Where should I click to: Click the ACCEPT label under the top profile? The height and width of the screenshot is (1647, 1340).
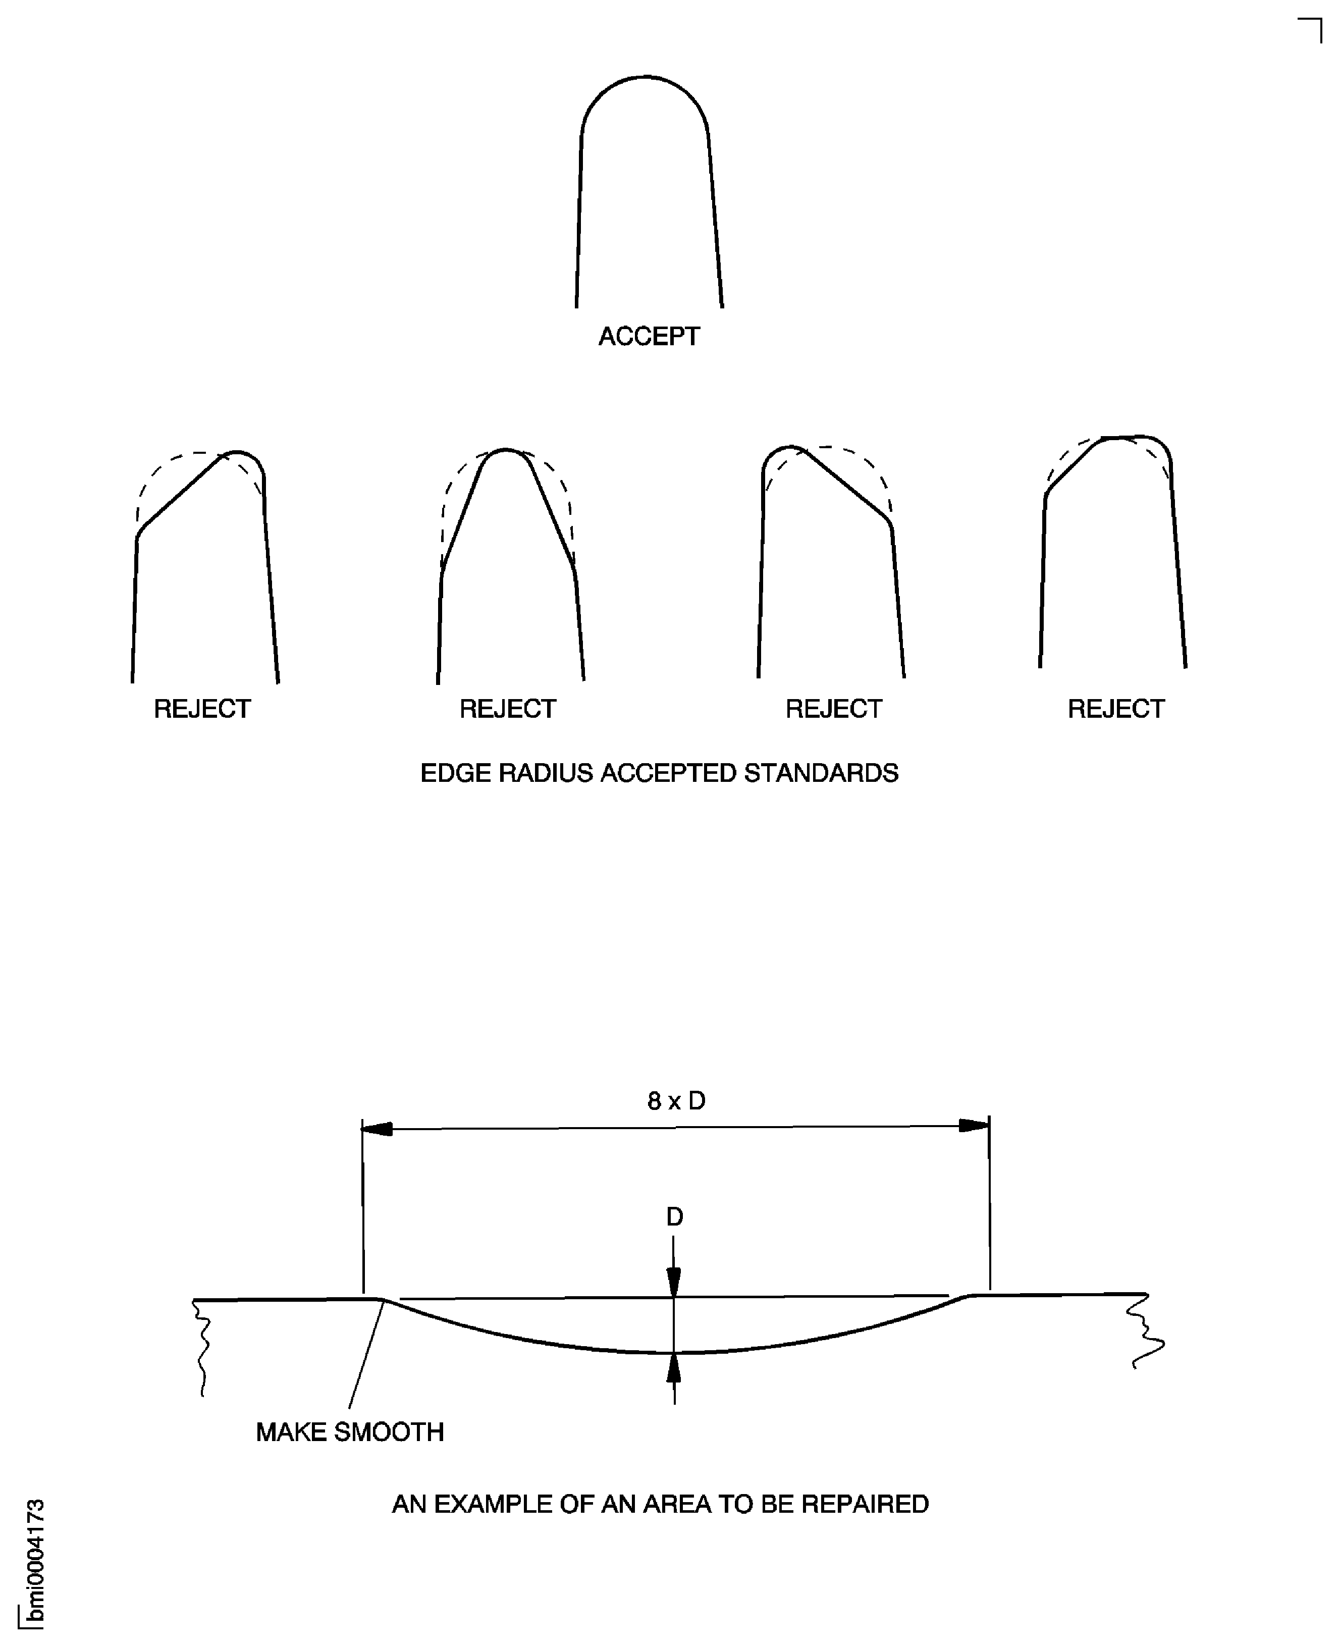click(649, 337)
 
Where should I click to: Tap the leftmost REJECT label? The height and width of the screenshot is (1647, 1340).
click(202, 709)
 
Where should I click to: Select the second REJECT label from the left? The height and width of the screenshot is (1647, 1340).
click(507, 709)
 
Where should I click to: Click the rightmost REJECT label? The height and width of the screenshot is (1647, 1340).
click(1115, 709)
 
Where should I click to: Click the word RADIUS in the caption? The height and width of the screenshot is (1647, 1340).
click(546, 773)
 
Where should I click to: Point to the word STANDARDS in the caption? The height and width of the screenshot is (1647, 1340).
click(821, 773)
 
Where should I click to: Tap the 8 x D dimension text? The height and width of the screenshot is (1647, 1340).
click(676, 1101)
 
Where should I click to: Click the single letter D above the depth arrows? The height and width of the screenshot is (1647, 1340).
click(675, 1217)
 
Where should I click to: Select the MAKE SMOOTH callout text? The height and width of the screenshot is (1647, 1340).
click(350, 1432)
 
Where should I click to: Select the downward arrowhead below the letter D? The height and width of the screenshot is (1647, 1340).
click(674, 1283)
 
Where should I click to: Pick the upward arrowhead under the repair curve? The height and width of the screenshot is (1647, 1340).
click(674, 1369)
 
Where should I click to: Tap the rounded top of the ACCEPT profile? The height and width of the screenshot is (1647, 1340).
click(646, 78)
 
